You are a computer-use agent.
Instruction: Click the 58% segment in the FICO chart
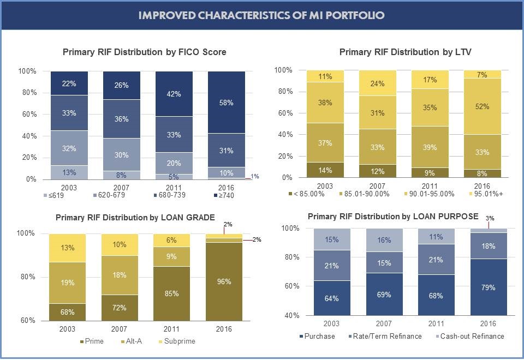(226, 103)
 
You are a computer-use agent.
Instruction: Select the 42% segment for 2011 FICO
(174, 94)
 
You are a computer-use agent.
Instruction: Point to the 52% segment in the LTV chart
(482, 107)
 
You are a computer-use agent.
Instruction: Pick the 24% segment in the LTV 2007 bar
(377, 83)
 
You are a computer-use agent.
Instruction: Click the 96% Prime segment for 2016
(224, 281)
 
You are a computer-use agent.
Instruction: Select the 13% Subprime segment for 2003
(68, 248)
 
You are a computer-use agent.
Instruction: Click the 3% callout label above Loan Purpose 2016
(489, 218)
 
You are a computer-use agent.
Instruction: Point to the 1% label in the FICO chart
(255, 176)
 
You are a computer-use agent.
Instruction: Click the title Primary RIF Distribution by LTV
(405, 52)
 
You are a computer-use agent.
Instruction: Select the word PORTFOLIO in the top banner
(353, 15)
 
